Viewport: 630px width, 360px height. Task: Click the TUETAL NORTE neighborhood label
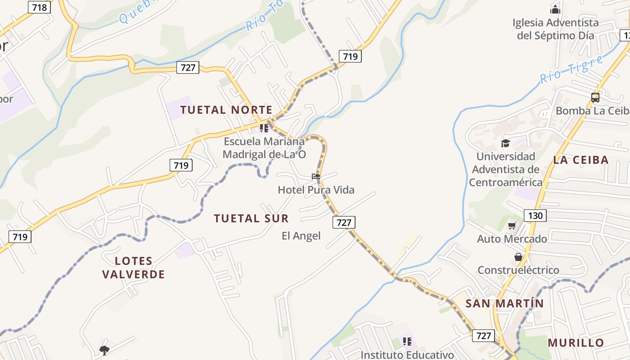[x=226, y=110]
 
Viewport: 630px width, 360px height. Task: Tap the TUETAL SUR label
[x=251, y=219]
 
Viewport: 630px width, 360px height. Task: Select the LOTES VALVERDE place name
[x=133, y=267]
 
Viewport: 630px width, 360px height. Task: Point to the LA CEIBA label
[x=580, y=160]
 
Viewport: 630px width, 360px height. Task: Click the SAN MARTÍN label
[x=504, y=303]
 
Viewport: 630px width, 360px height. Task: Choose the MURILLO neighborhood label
[x=576, y=342]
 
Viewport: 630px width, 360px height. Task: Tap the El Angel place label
[x=301, y=236]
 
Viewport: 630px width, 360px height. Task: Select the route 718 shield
[x=39, y=7]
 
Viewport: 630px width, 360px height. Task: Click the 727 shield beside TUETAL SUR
[x=344, y=222]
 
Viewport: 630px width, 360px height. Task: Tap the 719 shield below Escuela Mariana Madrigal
[x=181, y=165]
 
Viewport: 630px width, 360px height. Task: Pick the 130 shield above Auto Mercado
[x=535, y=215]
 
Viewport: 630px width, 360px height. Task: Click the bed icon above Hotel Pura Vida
[x=316, y=176]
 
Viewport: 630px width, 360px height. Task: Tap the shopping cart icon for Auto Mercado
[x=512, y=225]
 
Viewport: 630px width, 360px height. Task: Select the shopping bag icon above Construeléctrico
[x=518, y=257]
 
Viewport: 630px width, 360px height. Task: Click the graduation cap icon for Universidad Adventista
[x=505, y=143]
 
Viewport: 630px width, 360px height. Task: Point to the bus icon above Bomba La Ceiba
[x=595, y=97]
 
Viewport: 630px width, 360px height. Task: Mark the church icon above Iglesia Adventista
[x=555, y=9]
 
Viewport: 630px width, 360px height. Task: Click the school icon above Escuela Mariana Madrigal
[x=264, y=128]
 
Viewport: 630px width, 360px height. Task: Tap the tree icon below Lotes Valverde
[x=104, y=350]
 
